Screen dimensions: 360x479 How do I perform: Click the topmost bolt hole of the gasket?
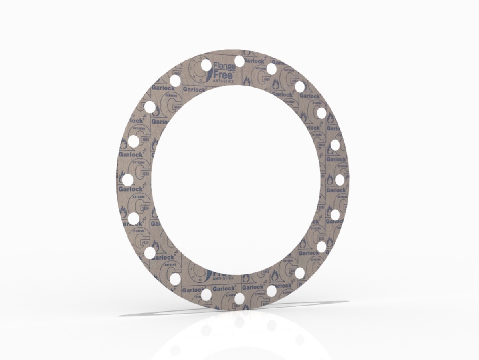tap(239, 61)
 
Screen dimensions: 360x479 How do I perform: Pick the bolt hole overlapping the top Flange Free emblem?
tap(206, 64)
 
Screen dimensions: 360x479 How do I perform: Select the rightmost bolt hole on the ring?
tap(340, 180)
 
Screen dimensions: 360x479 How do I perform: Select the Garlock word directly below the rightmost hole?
tap(336, 190)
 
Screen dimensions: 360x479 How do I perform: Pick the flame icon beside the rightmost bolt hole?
tap(330, 179)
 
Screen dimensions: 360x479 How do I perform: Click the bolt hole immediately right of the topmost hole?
tap(271, 68)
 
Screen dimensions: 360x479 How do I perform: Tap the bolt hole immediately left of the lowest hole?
tap(206, 295)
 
